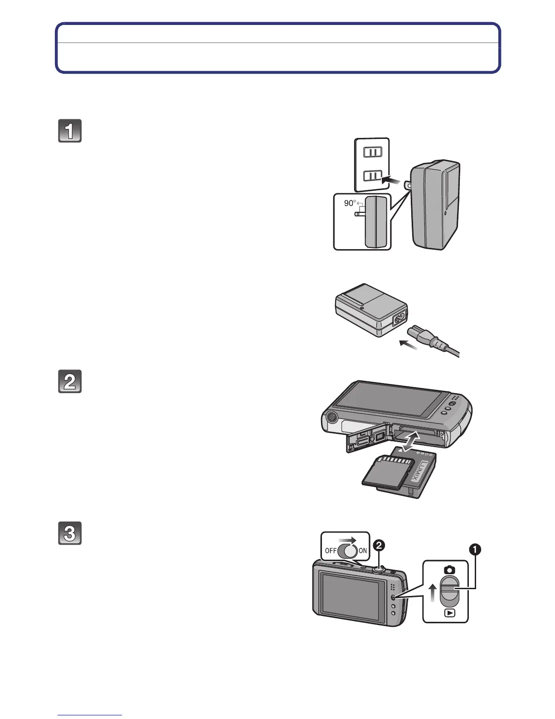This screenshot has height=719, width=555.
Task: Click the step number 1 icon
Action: click(x=70, y=131)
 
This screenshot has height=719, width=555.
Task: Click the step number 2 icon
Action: click(x=70, y=382)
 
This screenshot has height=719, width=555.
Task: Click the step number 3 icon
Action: click(x=70, y=533)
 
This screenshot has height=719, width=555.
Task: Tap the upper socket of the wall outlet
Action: click(x=372, y=153)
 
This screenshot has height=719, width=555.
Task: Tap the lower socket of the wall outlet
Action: click(x=372, y=175)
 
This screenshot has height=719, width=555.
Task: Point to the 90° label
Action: click(x=350, y=203)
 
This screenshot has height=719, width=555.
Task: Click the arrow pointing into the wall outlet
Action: click(x=392, y=181)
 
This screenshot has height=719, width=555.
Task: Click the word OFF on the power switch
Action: click(x=331, y=551)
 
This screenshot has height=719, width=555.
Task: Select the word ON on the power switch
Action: click(x=363, y=551)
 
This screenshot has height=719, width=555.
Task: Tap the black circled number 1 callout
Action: click(x=475, y=550)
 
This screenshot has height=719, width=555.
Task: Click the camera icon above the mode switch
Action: click(x=449, y=570)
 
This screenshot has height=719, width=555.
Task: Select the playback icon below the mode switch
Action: click(x=449, y=613)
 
